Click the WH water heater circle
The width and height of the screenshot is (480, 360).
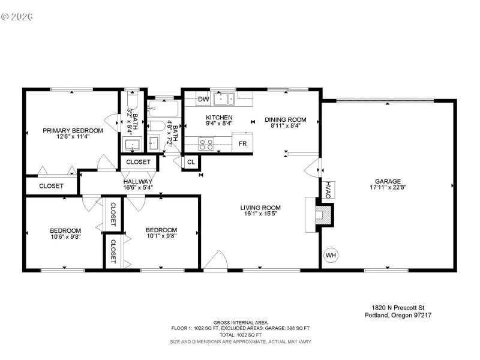(x=331, y=256)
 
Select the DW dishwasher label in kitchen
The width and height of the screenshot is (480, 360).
(x=203, y=99)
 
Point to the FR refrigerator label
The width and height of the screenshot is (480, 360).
(x=242, y=144)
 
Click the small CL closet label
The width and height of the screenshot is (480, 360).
(x=191, y=162)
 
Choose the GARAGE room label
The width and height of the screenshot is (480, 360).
(x=388, y=181)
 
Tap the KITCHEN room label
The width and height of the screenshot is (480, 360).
(x=219, y=118)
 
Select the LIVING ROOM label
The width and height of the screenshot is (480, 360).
(x=262, y=208)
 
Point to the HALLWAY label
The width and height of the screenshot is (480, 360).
(x=138, y=181)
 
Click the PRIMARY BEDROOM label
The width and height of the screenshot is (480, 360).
(x=73, y=130)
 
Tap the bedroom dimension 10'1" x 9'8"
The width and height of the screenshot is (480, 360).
(x=161, y=236)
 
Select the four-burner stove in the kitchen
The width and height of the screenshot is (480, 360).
(x=206, y=144)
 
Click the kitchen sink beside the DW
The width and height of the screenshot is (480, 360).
(x=226, y=98)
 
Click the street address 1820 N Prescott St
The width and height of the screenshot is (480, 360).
(x=397, y=307)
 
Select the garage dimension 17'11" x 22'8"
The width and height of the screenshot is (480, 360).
(x=388, y=187)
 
